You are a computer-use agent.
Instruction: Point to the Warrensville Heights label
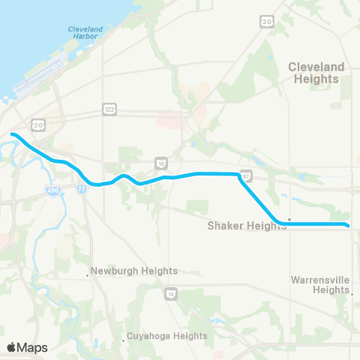[320, 284]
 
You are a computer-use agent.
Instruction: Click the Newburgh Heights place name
[134, 271]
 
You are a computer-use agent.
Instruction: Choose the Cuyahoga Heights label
[166, 336]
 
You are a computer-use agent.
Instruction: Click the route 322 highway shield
[109, 110]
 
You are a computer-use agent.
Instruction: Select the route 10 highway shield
[160, 162]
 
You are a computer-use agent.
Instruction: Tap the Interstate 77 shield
[82, 187]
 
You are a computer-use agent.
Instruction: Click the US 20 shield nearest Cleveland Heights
[268, 22]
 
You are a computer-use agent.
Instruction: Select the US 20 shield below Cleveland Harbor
[37, 123]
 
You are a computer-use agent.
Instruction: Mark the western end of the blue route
[13, 135]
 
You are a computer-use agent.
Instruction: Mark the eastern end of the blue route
[347, 224]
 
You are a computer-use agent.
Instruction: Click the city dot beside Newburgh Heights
[88, 275]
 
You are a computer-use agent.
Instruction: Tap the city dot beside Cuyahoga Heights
[123, 341]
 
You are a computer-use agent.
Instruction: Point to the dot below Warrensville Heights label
[352, 295]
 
